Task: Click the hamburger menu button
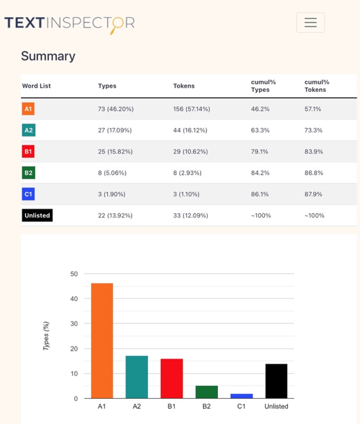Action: [x=310, y=22]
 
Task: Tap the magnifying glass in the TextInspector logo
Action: [x=117, y=25]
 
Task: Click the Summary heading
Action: [x=48, y=56]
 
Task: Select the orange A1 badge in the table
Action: [x=28, y=109]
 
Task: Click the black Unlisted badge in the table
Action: [x=37, y=215]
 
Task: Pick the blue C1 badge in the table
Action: [x=28, y=194]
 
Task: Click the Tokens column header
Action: [x=184, y=86]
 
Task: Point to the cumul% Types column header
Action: [x=264, y=86]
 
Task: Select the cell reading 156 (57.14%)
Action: [x=192, y=109]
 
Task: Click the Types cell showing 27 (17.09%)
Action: [x=115, y=130]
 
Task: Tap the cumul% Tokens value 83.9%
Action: [x=314, y=152]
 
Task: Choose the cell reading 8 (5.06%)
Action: [x=112, y=173]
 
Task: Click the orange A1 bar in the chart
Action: [x=102, y=340]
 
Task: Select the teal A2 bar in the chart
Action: [x=137, y=377]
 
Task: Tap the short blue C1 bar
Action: [x=242, y=396]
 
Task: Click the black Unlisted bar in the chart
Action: [x=276, y=381]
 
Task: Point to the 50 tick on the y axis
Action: [x=74, y=274]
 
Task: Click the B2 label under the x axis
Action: [x=206, y=406]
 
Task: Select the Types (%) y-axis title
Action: [x=46, y=336]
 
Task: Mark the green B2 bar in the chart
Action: [x=206, y=392]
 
